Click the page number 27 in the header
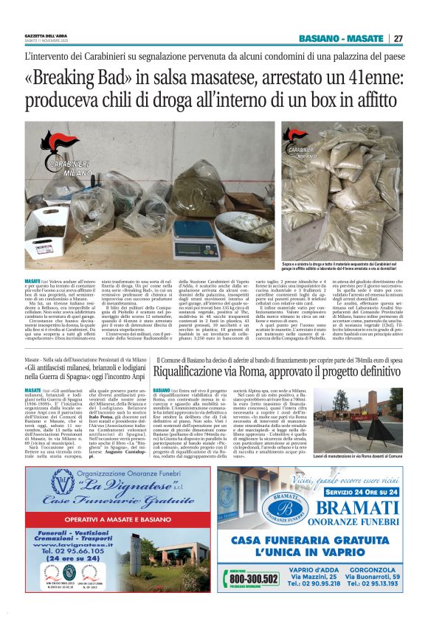(398, 38)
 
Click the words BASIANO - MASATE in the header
(347, 38)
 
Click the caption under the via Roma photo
(370, 458)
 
